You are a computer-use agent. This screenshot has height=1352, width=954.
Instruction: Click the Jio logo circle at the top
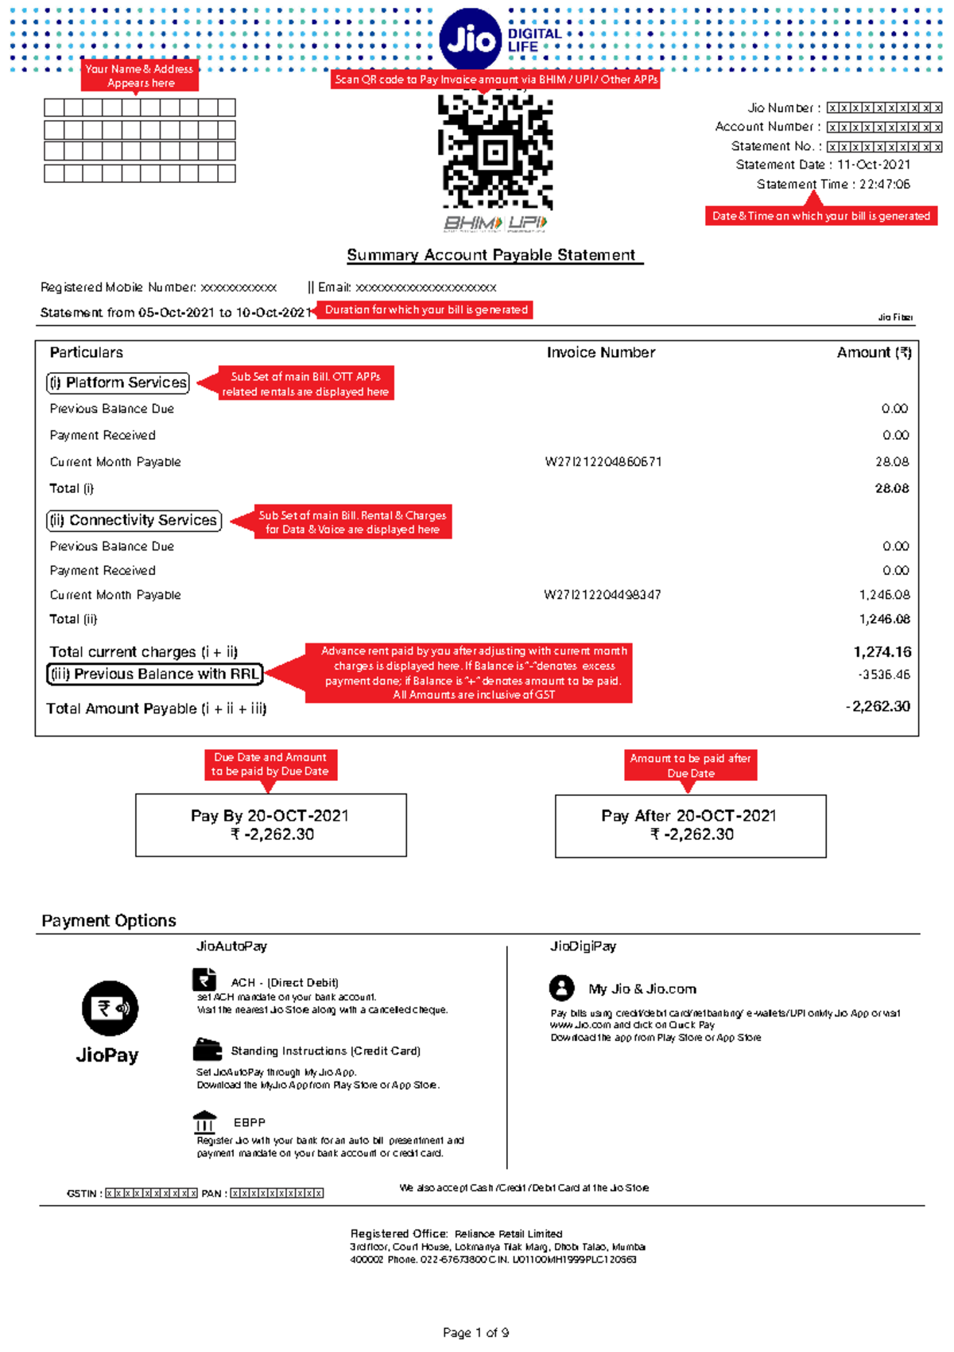[471, 39]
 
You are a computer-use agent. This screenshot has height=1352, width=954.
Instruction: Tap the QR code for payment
[495, 151]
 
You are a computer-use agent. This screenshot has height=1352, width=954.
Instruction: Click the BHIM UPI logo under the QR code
[495, 223]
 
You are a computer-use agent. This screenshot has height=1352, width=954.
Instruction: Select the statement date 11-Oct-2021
[873, 165]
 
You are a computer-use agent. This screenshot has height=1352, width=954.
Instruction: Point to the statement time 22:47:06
[884, 185]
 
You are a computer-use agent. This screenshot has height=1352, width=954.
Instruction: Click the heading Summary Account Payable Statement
[491, 255]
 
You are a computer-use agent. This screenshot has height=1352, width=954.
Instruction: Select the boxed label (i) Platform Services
[118, 383]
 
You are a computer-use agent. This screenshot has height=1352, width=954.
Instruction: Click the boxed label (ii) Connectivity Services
[134, 520]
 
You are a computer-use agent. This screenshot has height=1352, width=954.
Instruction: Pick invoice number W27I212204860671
[603, 462]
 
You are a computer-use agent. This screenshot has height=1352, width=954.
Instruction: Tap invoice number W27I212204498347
[602, 595]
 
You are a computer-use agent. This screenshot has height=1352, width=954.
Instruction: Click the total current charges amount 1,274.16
[882, 652]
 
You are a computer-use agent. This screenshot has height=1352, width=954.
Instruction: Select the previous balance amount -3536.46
[884, 674]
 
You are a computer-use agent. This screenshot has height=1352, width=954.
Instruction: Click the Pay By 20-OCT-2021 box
[270, 825]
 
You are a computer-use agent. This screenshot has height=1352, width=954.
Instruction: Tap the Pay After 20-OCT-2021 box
[690, 826]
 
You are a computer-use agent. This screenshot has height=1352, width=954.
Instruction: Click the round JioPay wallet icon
[110, 1008]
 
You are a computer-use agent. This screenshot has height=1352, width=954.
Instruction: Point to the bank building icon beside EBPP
[204, 1122]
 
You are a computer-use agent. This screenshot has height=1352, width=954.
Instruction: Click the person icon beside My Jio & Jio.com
[561, 988]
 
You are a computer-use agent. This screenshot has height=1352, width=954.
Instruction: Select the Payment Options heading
[109, 920]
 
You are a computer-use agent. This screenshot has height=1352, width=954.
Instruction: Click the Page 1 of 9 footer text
[475, 1332]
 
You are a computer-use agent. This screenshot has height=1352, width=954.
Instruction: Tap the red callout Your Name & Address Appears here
[140, 76]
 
